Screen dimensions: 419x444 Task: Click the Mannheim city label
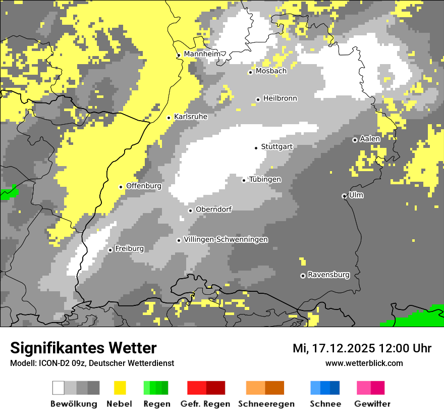202,54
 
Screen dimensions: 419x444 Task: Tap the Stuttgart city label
277,147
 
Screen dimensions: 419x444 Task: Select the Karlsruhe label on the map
191,117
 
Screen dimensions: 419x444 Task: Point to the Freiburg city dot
110,250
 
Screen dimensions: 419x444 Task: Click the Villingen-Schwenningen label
226,240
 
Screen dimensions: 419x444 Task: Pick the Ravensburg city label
328,275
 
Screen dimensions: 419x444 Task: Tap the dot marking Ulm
344,196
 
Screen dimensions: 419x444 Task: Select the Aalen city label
370,139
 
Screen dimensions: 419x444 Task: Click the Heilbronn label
280,98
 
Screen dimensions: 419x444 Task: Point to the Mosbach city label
271,71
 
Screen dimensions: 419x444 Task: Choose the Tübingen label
265,180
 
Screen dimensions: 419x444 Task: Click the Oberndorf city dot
190,211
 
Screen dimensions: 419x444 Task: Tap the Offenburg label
144,186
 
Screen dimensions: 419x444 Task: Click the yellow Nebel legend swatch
120,388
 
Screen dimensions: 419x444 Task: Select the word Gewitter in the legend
372,404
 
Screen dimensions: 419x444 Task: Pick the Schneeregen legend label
266,404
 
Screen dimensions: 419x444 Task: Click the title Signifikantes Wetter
83,348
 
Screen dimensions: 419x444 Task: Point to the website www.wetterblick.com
364,363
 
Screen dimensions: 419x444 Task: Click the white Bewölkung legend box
59,388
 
